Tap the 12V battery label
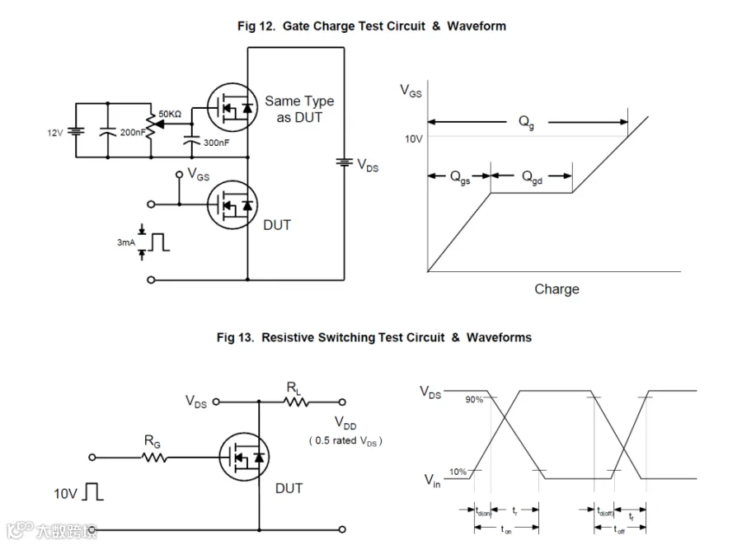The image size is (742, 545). point(54,132)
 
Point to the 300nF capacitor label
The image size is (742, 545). point(217,142)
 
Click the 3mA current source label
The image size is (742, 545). point(125,242)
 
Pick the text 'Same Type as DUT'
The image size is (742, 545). point(298,109)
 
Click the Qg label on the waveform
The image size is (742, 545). point(526,122)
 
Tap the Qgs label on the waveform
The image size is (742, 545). point(459,177)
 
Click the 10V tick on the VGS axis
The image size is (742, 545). point(413,139)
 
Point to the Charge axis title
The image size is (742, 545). point(556,289)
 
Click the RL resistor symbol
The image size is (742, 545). point(294,402)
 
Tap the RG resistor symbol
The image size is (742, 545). point(154,457)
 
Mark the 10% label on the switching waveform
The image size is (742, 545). point(458,472)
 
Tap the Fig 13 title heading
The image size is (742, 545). point(373,337)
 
